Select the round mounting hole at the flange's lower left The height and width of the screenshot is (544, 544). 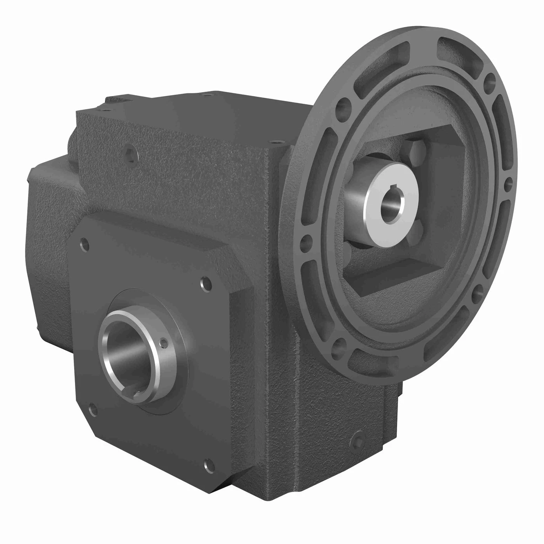(x=337, y=343)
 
